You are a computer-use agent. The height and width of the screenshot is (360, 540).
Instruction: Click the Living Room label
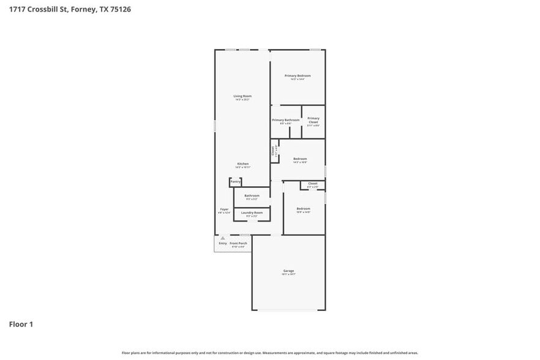pos(242,96)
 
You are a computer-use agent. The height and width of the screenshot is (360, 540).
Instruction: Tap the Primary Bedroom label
pos(298,76)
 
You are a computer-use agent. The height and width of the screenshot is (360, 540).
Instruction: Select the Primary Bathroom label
pos(286,120)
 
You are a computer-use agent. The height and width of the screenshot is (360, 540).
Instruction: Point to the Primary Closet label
pos(313,120)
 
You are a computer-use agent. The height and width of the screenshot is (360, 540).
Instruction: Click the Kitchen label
pos(243,164)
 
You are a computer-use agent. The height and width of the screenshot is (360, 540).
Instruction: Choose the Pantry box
pos(235,182)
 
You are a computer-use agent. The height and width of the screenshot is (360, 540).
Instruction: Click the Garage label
pos(288,271)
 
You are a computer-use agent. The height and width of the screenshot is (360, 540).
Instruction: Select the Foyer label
pos(225,209)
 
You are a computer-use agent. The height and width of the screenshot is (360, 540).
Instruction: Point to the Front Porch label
pos(237,243)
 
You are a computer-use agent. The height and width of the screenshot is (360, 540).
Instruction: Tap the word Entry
pos(223,243)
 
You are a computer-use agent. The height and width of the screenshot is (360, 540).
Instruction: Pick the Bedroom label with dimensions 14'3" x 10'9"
pos(300,159)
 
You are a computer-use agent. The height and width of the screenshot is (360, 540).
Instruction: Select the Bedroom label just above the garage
pos(303,209)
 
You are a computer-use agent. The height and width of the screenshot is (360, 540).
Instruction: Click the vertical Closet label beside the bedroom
pos(273,151)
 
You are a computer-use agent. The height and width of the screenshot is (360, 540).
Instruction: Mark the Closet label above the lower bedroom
pos(312,184)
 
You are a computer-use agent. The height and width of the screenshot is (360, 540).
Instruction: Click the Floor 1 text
pos(21,324)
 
